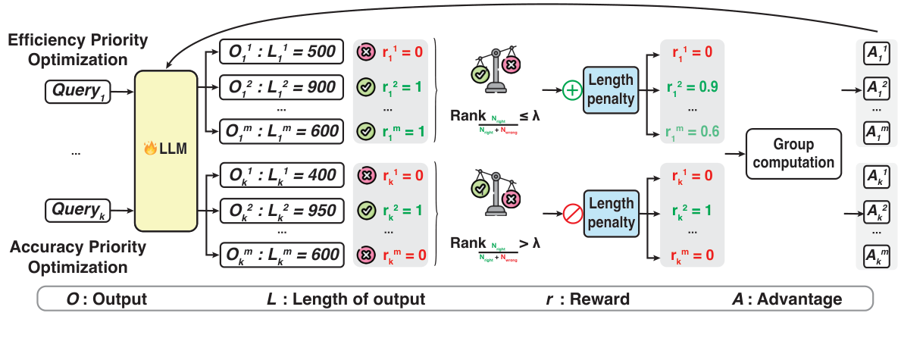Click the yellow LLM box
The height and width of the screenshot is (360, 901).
tap(166, 151)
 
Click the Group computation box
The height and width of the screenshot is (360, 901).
tap(793, 153)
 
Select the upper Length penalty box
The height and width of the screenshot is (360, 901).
tap(611, 89)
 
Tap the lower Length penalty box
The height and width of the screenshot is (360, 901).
tap(611, 213)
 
